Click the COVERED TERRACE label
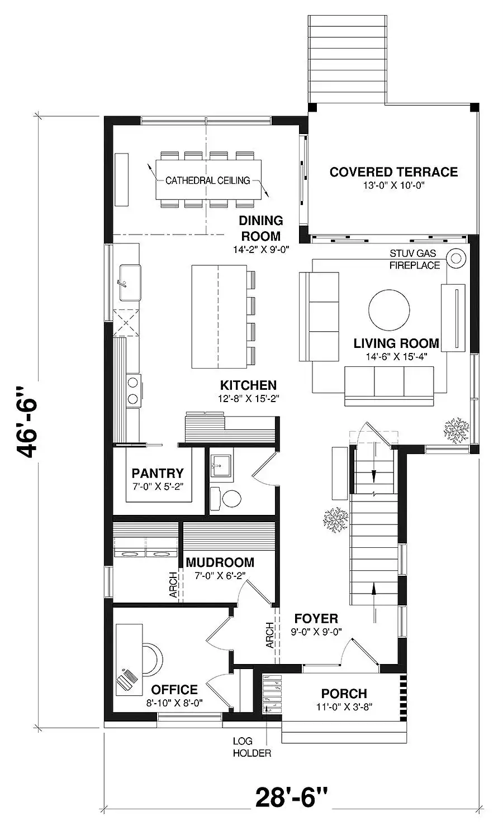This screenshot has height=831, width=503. click(x=393, y=172)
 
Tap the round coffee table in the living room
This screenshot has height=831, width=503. click(x=389, y=310)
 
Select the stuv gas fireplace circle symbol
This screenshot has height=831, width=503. click(x=456, y=257)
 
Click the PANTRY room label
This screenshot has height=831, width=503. click(x=158, y=473)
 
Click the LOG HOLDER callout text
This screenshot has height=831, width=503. click(x=251, y=747)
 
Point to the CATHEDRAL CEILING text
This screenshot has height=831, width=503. click(x=207, y=181)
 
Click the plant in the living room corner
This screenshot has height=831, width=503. click(x=456, y=431)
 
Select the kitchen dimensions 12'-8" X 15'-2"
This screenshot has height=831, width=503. click(x=248, y=398)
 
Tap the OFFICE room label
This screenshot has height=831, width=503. click(x=174, y=689)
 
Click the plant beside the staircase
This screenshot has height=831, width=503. click(x=335, y=520)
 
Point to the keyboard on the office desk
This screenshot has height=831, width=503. click(x=127, y=680)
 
